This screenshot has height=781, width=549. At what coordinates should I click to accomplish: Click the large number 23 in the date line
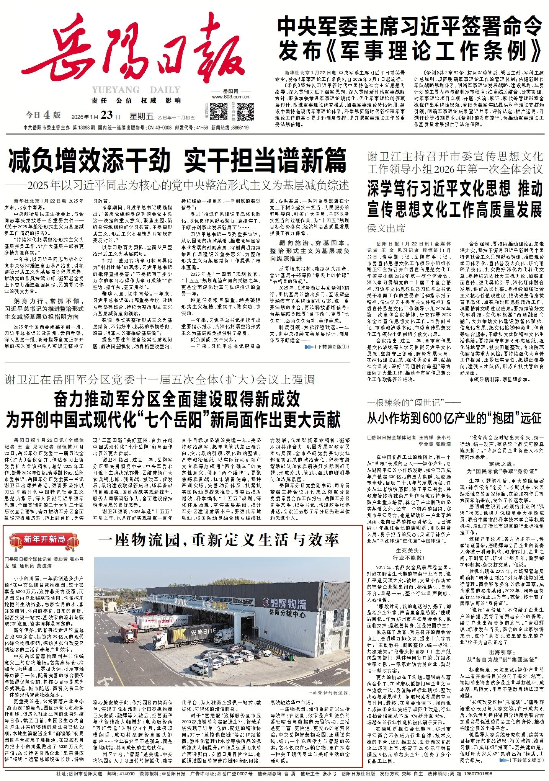click(x=106, y=115)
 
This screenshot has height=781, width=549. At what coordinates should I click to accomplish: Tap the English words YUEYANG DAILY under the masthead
click(x=136, y=90)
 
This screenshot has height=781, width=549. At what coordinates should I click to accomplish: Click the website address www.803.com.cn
click(x=230, y=97)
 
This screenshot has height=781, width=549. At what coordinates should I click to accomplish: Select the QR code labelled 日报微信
click(x=219, y=111)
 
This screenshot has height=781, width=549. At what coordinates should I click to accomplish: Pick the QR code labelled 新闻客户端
click(x=245, y=111)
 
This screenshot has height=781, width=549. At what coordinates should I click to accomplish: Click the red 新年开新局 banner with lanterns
click(x=44, y=540)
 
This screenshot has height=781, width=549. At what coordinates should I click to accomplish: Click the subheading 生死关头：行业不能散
click(x=408, y=554)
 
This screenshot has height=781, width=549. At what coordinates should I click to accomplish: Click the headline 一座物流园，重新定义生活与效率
click(x=218, y=540)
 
